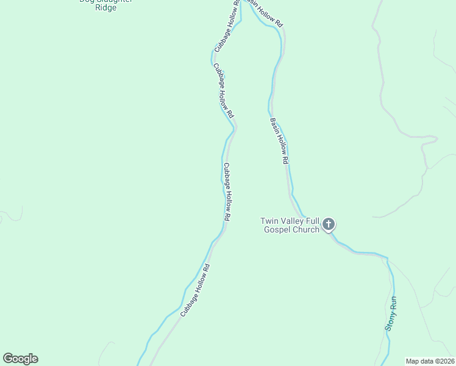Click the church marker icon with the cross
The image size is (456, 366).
coord(329,224)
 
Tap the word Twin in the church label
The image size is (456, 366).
coord(269,221)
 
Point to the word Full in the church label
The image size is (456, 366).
coord(313,221)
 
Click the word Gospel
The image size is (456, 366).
coord(278,229)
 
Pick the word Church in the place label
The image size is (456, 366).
coord(307,229)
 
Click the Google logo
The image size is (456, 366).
coord(20,359)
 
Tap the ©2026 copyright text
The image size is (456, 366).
coord(443,361)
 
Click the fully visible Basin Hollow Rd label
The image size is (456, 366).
coord(279,141)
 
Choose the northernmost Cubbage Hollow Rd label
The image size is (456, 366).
coord(225,31)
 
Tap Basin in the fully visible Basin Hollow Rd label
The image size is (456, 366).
coord(274,124)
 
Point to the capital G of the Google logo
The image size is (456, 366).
coord(9,359)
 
